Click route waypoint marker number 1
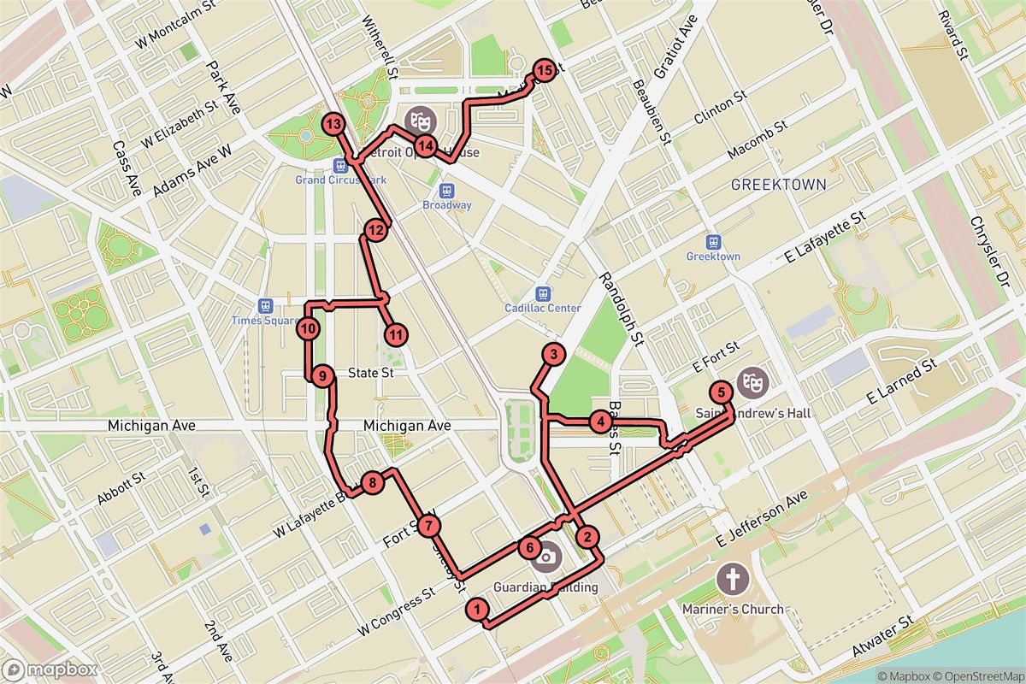477,609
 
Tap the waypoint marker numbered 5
722,392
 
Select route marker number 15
545,71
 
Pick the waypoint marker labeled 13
333,125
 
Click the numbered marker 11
395,334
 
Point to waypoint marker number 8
371,484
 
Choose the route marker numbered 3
554,355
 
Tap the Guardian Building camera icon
545,558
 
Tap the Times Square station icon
266,305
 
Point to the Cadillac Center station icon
542,293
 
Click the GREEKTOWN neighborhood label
779,184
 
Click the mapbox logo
50,669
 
